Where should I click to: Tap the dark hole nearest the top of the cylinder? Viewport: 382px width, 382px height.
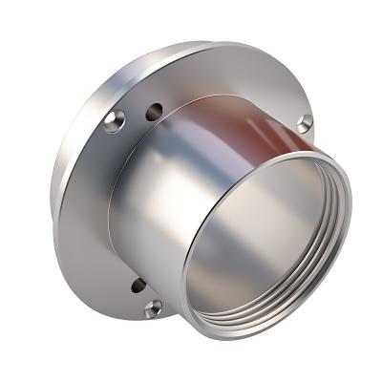153,113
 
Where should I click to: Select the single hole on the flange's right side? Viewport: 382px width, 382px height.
306,121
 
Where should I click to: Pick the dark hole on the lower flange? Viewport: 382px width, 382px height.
138,285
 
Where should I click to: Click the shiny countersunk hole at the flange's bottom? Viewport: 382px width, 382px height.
153,308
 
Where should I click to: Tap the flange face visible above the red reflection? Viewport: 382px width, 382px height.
239,72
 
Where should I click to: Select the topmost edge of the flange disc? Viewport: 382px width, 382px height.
205,43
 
